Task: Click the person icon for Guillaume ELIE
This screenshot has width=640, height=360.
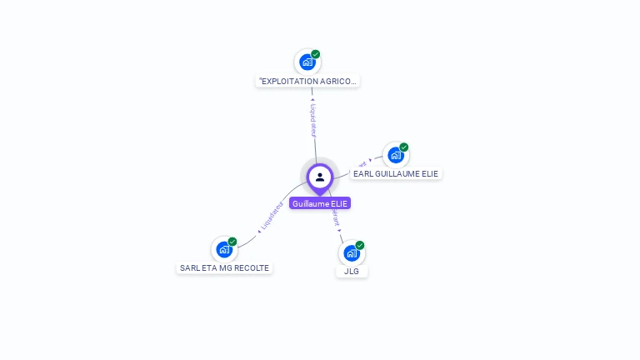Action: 320,177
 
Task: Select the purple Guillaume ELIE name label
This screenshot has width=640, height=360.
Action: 320,203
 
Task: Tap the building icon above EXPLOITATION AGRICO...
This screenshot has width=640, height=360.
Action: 307,62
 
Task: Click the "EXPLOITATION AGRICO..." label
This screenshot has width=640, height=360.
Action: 308,82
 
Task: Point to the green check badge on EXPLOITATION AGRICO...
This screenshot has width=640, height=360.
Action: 316,54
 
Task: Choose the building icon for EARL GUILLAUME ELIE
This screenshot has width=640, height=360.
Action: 395,155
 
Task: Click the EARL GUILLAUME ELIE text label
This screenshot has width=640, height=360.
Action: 396,173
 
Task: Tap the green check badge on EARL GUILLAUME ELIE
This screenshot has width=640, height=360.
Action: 404,147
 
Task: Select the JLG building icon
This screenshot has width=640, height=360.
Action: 352,253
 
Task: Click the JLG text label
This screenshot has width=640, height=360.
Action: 352,271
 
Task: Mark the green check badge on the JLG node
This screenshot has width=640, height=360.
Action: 360,245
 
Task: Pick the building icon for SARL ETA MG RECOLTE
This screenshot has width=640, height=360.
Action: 223,249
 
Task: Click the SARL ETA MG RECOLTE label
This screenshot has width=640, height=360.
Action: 225,268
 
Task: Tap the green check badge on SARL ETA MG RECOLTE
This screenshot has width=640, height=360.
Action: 232,242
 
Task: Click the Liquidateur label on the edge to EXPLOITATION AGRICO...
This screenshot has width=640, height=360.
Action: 313,120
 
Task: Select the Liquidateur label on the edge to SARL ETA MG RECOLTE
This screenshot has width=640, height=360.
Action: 272,214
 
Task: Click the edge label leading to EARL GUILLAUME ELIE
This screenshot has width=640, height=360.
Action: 362,163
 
